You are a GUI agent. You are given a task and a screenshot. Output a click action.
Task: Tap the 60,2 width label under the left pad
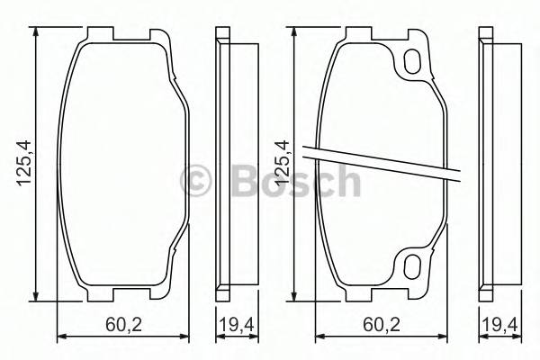click(124, 324)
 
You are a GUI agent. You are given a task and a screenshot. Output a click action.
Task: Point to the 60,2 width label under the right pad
click(381, 324)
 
